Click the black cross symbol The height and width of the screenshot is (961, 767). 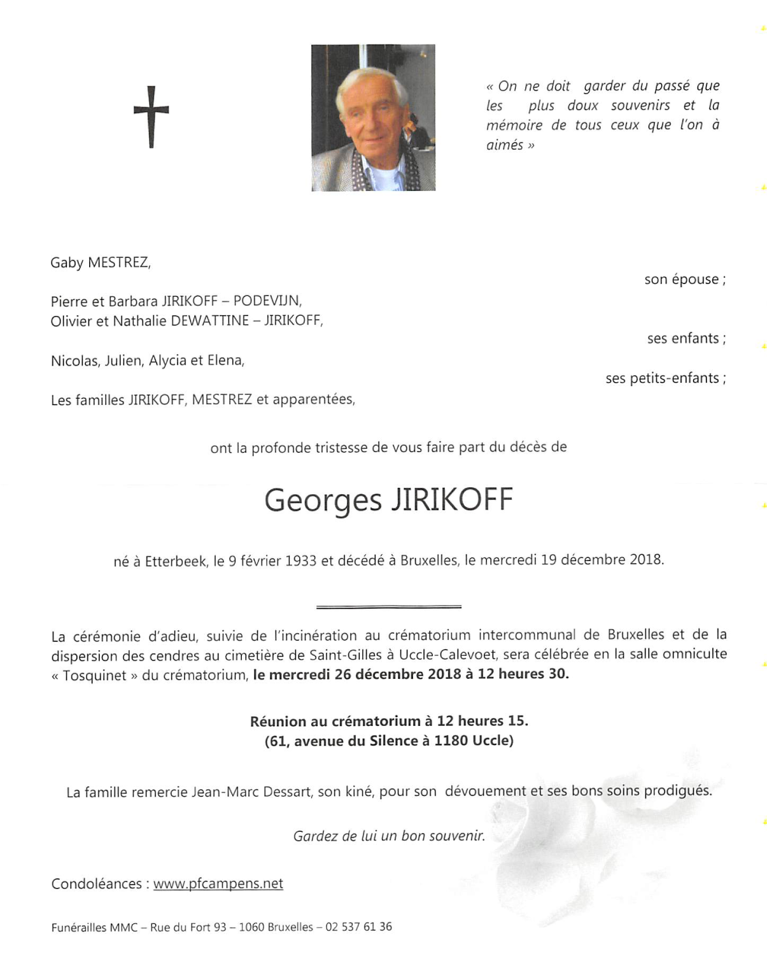(x=151, y=117)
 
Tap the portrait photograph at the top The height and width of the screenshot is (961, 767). (x=373, y=118)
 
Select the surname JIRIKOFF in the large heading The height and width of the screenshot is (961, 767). (x=451, y=500)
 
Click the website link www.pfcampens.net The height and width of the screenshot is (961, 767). (x=218, y=884)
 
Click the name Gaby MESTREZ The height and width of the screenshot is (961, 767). (x=100, y=262)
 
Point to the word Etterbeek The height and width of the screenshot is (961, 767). (x=176, y=561)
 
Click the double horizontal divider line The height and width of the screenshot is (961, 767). (x=388, y=606)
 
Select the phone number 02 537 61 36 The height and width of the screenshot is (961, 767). (x=358, y=927)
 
